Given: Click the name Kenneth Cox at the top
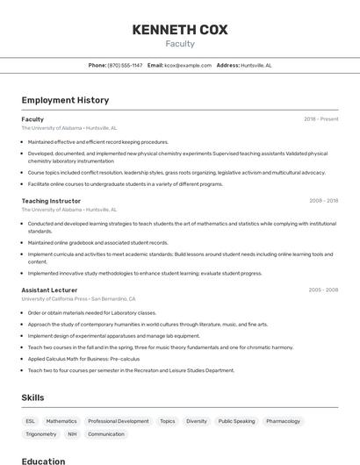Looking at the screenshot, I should coord(179,30).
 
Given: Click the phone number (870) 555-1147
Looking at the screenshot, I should coord(125,65).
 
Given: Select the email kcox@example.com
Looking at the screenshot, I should coord(188,65).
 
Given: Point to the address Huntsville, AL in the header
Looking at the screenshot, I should coord(256,65).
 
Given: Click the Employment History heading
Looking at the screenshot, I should coord(65,100).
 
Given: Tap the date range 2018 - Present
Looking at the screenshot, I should coord(320,119).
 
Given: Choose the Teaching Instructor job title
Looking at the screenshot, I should coord(51,201).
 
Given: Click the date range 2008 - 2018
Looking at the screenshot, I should coord(323,201).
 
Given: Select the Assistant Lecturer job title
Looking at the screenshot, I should coord(50,290).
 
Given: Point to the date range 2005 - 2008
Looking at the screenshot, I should coord(323,290).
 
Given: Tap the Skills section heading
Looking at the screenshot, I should coord(33,397).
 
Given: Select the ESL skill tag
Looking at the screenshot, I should coord(31,421).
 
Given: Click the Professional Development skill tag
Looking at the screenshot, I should coord(119,421).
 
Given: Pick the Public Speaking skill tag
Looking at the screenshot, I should coord(236,421).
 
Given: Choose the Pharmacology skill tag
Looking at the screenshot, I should coord(283,421).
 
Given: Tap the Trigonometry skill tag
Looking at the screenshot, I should coord(41,434).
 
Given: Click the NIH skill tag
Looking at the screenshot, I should coord(72,434).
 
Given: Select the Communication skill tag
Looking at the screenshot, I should coord(106,434).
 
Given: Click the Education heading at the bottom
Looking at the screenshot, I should coord(43,461).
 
